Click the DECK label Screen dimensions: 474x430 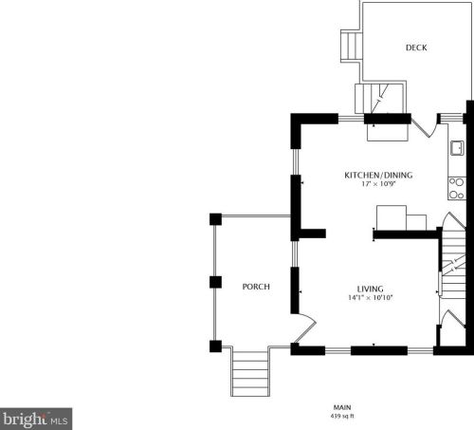416,47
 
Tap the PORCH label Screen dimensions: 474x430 256,287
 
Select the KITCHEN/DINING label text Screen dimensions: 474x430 378,175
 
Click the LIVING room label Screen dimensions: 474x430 371,289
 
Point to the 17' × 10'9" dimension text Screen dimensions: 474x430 378,184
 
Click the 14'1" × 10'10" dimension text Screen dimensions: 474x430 371,297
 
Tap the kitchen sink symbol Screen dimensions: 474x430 457,148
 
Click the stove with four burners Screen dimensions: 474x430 457,188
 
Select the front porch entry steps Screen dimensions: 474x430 250,373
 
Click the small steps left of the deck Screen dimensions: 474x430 351,46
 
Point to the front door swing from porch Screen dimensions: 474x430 304,329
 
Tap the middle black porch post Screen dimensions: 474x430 215,282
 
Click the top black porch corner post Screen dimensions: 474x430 215,219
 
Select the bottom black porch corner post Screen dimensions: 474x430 215,346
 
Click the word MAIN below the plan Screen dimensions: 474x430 342,407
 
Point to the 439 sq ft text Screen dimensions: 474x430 342,416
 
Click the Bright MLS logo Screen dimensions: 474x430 36,419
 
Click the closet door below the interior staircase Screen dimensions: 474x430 453,320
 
